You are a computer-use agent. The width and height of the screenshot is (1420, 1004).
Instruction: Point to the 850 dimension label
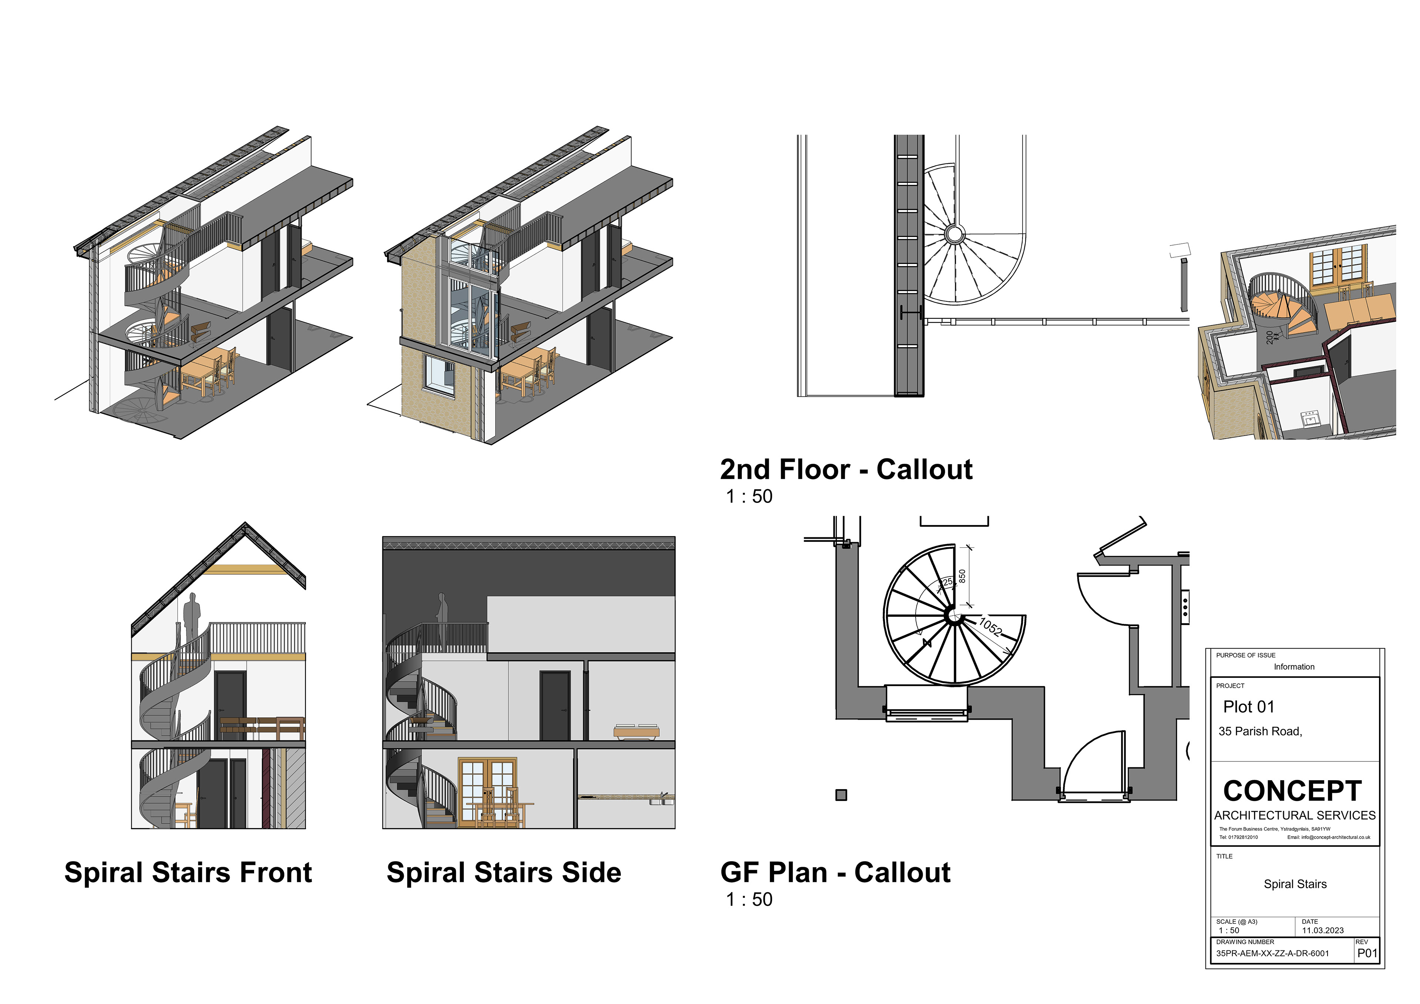pos(962,576)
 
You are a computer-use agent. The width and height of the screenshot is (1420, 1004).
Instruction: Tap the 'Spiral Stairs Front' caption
pos(188,872)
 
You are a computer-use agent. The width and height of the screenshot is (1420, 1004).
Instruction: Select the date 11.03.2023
pos(1322,930)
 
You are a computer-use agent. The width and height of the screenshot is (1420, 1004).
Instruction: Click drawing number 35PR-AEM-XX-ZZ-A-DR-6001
pos(1272,953)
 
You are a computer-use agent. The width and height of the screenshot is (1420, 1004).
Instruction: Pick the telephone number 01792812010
pos(1242,838)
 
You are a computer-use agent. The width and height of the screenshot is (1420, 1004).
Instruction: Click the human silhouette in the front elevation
pos(192,619)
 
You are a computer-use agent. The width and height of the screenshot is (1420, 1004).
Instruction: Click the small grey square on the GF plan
pos(841,795)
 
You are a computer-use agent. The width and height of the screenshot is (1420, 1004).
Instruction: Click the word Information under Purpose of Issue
pos(1294,667)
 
